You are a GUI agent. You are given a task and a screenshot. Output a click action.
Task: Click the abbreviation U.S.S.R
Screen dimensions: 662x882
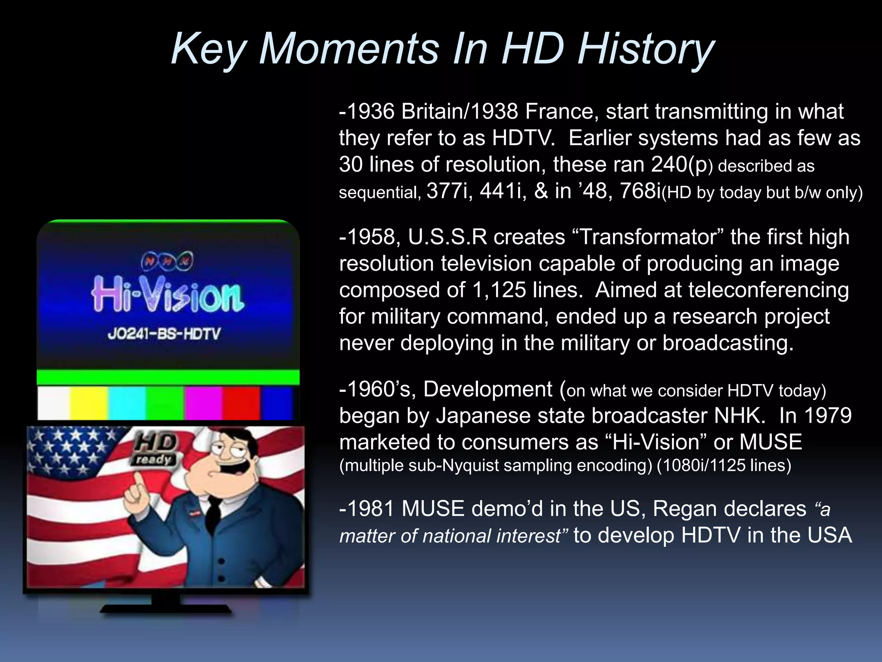(447, 237)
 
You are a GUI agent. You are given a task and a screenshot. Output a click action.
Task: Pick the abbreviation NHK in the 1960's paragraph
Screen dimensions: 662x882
(739, 416)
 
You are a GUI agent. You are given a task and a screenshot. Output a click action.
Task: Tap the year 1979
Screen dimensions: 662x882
(827, 416)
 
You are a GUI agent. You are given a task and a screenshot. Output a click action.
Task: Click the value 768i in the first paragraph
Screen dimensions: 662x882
(640, 191)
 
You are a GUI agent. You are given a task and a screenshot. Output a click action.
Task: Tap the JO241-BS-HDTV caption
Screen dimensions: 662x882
(164, 334)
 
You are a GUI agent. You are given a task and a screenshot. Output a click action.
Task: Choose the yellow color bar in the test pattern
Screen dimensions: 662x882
(89, 403)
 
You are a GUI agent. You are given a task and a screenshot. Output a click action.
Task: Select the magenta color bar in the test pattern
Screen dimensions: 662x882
(203, 403)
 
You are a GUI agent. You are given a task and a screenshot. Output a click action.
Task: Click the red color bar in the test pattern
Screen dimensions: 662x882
(241, 403)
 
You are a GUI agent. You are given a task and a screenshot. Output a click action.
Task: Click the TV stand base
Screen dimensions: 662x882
(166, 608)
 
